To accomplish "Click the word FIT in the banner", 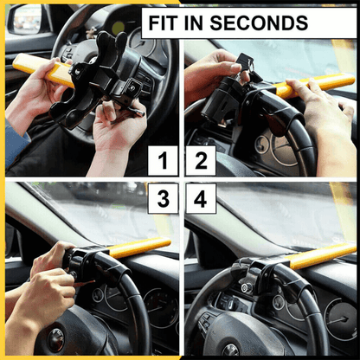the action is pyautogui.click(x=163, y=22).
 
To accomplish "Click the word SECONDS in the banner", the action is pyautogui.click(x=259, y=22).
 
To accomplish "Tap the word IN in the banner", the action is pyautogui.click(x=193, y=22).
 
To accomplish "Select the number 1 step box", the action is pyautogui.click(x=163, y=161).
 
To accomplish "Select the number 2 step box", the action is pyautogui.click(x=201, y=161).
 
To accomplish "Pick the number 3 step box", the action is pyautogui.click(x=163, y=198).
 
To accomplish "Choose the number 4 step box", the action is pyautogui.click(x=201, y=198).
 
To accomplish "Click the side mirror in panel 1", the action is pyautogui.click(x=25, y=19).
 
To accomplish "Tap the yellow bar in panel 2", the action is pyautogui.click(x=314, y=85).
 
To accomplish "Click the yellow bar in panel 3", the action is pyautogui.click(x=138, y=247).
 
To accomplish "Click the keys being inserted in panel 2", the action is pyautogui.click(x=245, y=67).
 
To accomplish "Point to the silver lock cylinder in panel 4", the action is pyautogui.click(x=247, y=287).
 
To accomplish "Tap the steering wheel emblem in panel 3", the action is pyautogui.click(x=56, y=340).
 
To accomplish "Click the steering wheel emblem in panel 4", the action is pyautogui.click(x=230, y=350).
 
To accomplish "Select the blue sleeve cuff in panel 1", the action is pyautogui.click(x=15, y=141).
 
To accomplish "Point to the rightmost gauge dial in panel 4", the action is pyautogui.click(x=340, y=319).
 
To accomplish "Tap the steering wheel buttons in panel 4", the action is pyautogui.click(x=205, y=319).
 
